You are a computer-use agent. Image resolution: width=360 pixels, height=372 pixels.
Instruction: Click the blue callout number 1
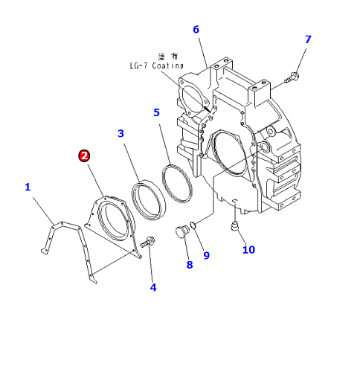pos(28,187)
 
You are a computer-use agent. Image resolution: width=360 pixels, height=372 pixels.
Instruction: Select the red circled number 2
pos(84,156)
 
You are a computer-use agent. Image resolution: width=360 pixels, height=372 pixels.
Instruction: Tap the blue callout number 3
pos(120,133)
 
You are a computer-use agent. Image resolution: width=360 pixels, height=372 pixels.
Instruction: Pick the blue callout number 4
pos(153,287)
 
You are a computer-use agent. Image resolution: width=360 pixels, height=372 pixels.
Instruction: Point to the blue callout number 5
pos(156,112)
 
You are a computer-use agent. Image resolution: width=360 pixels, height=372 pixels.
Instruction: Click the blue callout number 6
pos(196,30)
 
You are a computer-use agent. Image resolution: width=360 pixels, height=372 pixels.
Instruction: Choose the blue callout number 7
pos(308,39)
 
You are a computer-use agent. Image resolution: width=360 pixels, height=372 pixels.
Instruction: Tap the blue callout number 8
pos(190,265)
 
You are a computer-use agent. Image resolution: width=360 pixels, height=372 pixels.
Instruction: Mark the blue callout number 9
pos(206,255)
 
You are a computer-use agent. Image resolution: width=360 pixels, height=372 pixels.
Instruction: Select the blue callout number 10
pos(248,250)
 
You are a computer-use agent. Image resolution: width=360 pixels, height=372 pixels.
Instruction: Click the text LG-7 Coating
pos(157,65)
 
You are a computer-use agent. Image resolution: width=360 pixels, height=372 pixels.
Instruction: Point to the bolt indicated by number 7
pos(292,77)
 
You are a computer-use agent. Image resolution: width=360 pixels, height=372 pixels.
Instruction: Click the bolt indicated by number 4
pos(148,242)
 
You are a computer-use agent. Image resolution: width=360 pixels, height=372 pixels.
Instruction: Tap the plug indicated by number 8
pos(182,231)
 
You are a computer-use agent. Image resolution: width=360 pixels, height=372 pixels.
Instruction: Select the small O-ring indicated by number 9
pos(193,225)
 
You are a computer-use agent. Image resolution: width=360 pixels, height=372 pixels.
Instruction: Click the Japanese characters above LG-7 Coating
pos(168,57)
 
